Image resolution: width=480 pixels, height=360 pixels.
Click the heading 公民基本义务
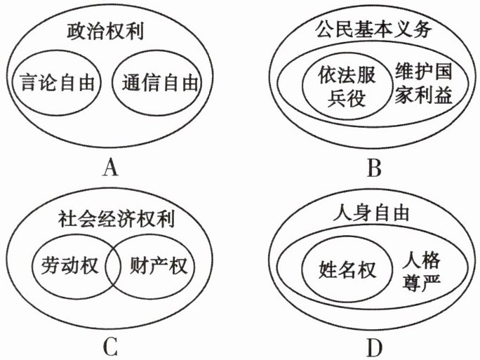point(369,31)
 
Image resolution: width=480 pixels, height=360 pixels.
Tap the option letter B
point(374,167)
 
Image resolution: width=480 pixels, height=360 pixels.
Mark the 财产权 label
point(161,267)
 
